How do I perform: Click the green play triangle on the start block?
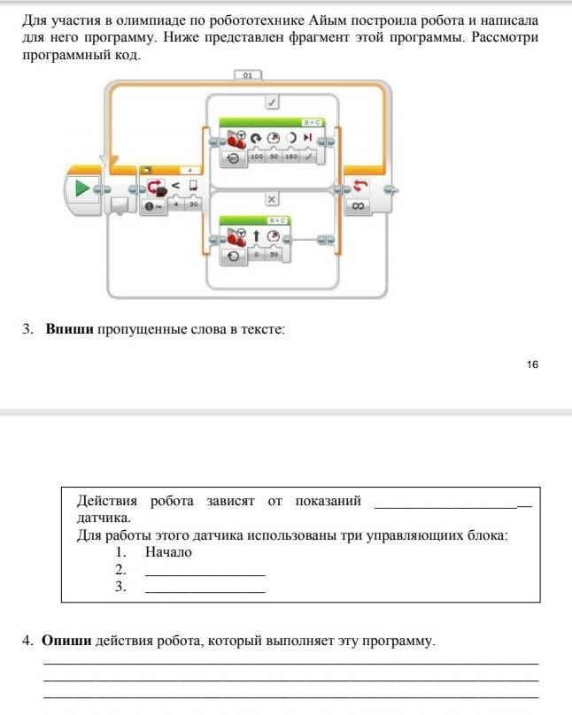click(82, 188)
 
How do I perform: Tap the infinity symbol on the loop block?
click(359, 206)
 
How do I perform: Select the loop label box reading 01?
click(248, 76)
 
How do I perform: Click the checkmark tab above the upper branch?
click(273, 103)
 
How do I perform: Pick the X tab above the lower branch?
click(273, 200)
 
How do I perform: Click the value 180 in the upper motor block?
click(290, 157)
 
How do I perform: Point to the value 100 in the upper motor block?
click(258, 157)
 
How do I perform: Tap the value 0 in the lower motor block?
click(258, 254)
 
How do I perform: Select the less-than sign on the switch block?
click(175, 185)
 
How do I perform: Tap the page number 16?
click(531, 365)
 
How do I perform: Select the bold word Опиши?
click(66, 640)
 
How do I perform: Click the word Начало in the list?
click(168, 552)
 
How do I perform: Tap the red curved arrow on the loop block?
click(359, 186)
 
